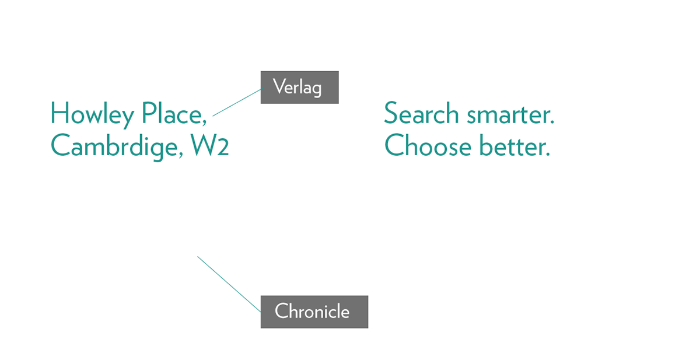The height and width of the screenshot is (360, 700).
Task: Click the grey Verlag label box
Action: [x=299, y=87]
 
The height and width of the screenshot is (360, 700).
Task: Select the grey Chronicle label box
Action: [x=314, y=312]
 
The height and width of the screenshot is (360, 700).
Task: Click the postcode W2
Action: [x=210, y=145]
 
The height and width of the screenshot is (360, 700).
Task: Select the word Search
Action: [x=421, y=113]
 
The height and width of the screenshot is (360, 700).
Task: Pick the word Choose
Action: [x=428, y=145]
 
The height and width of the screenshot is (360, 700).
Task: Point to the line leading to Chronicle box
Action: [x=229, y=284]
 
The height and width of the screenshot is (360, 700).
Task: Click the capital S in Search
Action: [x=391, y=113]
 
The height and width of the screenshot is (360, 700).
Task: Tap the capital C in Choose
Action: [x=394, y=145]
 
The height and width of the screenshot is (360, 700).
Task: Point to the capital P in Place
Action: [x=149, y=113]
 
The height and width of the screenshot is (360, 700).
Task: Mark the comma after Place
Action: [x=204, y=123]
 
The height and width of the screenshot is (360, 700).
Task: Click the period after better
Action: [x=548, y=154]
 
